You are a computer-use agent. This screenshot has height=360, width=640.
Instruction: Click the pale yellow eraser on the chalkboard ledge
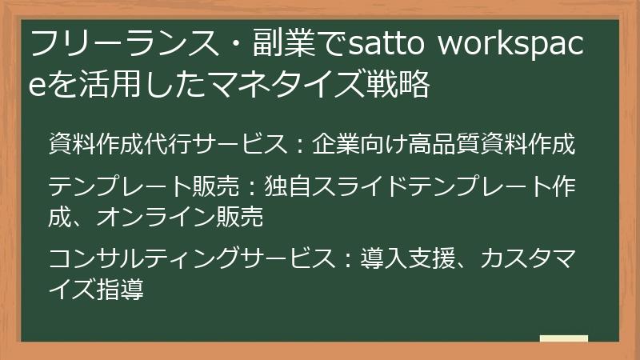pyautogui.click(x=563, y=338)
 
